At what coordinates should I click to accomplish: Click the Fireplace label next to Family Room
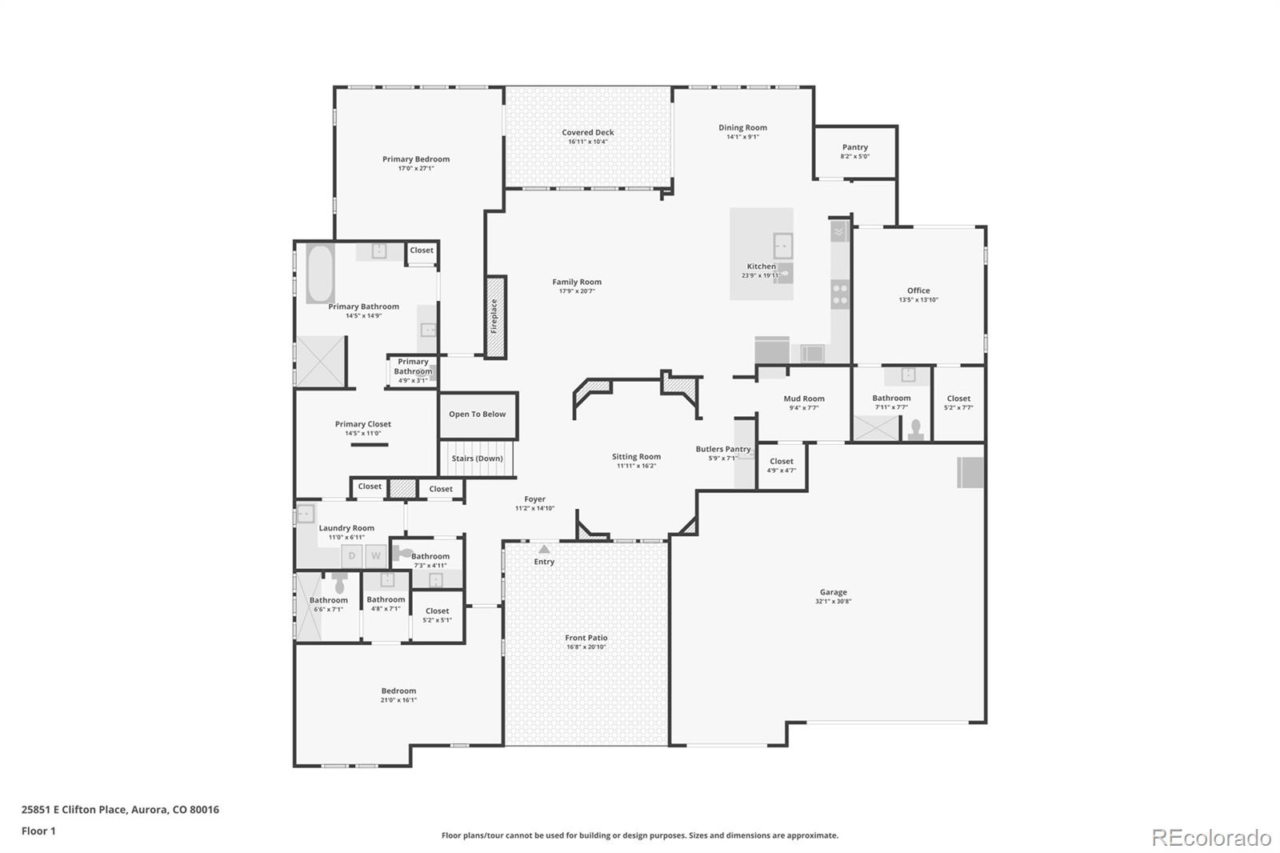[x=494, y=317]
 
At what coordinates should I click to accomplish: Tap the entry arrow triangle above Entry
[x=544, y=550]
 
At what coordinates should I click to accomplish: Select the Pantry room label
[x=854, y=147]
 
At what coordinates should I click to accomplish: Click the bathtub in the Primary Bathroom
[x=320, y=274]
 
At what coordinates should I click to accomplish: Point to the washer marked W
[x=375, y=556]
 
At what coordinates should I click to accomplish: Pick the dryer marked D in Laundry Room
[x=352, y=556]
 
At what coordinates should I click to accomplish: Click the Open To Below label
[x=477, y=414]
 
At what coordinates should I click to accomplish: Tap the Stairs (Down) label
[x=477, y=459]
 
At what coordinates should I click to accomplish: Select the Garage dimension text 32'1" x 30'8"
[x=833, y=602]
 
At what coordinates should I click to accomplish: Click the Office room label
[x=918, y=290]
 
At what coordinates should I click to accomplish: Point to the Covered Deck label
[x=587, y=133]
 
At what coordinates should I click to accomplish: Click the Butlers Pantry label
[x=722, y=449]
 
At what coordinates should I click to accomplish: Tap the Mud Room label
[x=803, y=398]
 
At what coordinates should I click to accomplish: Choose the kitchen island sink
[x=782, y=245]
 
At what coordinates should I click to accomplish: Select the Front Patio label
[x=586, y=638]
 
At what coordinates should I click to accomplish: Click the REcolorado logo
[x=1210, y=838]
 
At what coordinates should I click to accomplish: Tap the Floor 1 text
[x=38, y=831]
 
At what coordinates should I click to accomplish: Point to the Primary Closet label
[x=362, y=424]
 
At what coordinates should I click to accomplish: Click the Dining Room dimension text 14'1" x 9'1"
[x=742, y=137]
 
